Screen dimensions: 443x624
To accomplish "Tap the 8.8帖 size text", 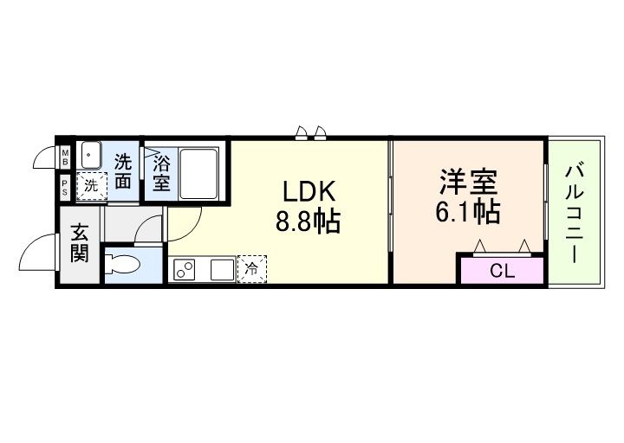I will pyautogui.click(x=307, y=222).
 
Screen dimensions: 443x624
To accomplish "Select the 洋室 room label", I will pyautogui.click(x=467, y=183).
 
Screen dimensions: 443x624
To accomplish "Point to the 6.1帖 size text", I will pyautogui.click(x=467, y=212).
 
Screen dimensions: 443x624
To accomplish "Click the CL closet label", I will pyautogui.click(x=502, y=271).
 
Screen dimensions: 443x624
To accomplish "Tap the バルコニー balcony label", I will pyautogui.click(x=573, y=211).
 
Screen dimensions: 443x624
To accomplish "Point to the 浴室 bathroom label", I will pyautogui.click(x=161, y=171).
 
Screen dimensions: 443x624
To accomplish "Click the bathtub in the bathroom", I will pyautogui.click(x=198, y=172).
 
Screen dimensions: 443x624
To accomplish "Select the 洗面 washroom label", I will pyautogui.click(x=124, y=171).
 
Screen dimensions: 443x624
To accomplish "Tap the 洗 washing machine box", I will pyautogui.click(x=91, y=184).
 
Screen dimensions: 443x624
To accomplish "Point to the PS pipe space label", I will pyautogui.click(x=66, y=186).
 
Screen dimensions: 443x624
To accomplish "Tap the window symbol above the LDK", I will pyautogui.click(x=311, y=132).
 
